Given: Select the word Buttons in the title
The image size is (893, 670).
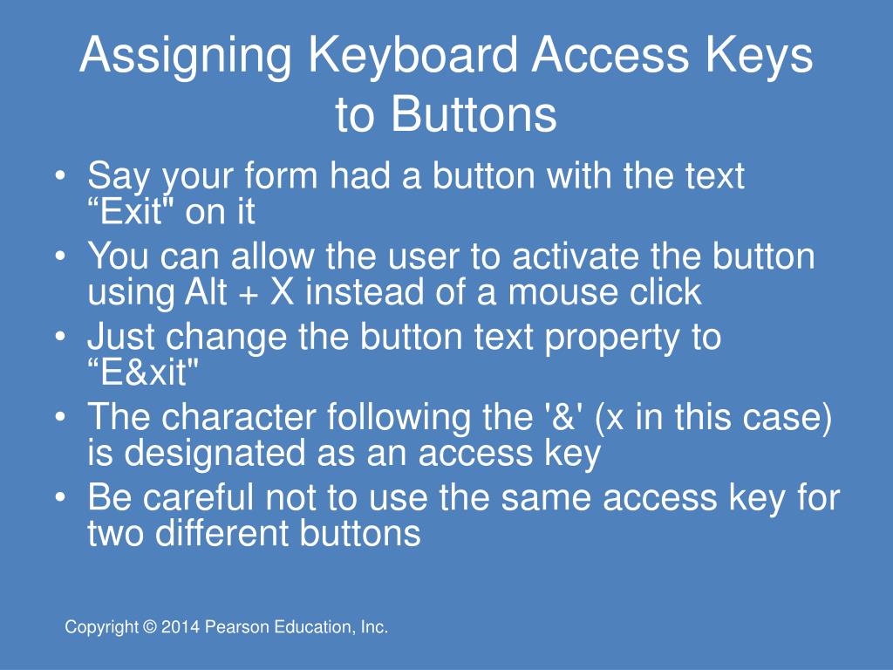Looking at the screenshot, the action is coord(474,114).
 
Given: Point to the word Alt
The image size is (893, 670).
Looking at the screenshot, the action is coord(206,291).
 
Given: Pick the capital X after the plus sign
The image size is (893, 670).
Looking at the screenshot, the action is coord(282,291).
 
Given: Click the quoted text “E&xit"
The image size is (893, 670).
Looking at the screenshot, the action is coord(143,373).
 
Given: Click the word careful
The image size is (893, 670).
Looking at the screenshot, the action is coord(198,496).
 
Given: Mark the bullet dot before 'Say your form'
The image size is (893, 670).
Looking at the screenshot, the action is coord(60,174).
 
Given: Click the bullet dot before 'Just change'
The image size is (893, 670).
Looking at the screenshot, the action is coord(60,336).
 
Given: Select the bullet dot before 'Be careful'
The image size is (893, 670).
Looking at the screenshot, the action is coord(60,496).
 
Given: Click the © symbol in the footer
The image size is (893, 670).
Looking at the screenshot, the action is coord(150,626).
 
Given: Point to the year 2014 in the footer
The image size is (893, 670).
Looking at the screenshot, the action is coord(181,626).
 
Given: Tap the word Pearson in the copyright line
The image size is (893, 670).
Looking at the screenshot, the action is coord(236,626).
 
